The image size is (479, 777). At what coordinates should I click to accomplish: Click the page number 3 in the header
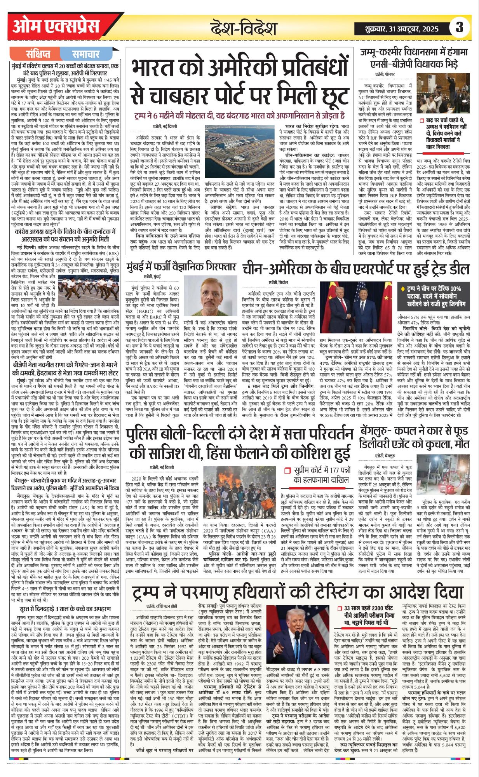coord(459,28)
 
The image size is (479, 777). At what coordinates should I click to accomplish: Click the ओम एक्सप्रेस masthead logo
coord(56,27)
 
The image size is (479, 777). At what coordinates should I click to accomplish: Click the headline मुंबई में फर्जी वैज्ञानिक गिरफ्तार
coord(181,267)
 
